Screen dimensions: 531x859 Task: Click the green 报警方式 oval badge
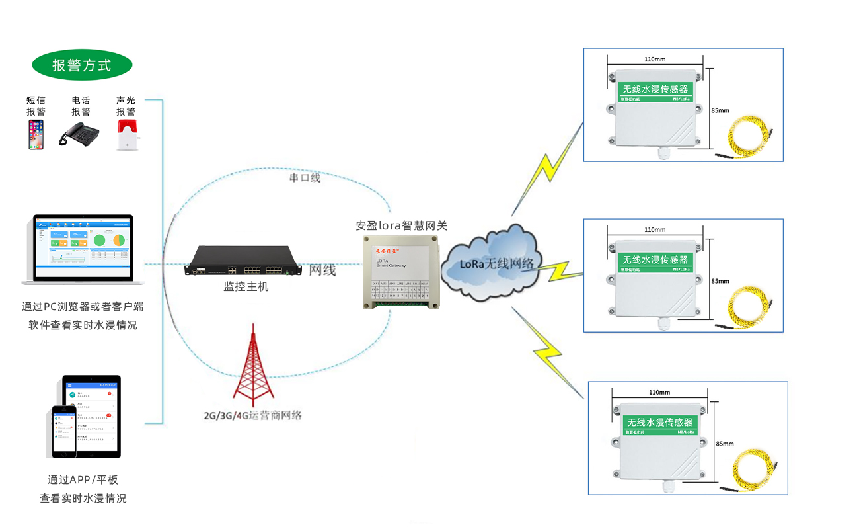82,65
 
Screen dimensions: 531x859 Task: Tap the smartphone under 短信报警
36,134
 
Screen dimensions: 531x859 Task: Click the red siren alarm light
126,135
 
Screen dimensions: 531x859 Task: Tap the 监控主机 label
246,287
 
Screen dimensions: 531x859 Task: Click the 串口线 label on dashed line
305,177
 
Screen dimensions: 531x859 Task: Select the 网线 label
322,270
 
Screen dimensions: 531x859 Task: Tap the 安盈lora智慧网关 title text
402,225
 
